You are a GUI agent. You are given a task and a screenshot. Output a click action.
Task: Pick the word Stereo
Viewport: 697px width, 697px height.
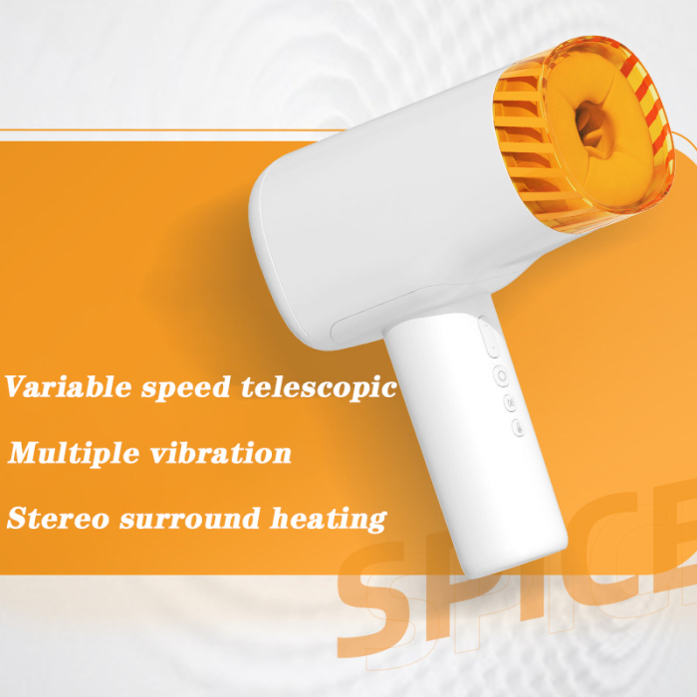(x=54, y=519)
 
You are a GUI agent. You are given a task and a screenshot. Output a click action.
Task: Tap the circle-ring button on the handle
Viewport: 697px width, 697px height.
(x=501, y=376)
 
